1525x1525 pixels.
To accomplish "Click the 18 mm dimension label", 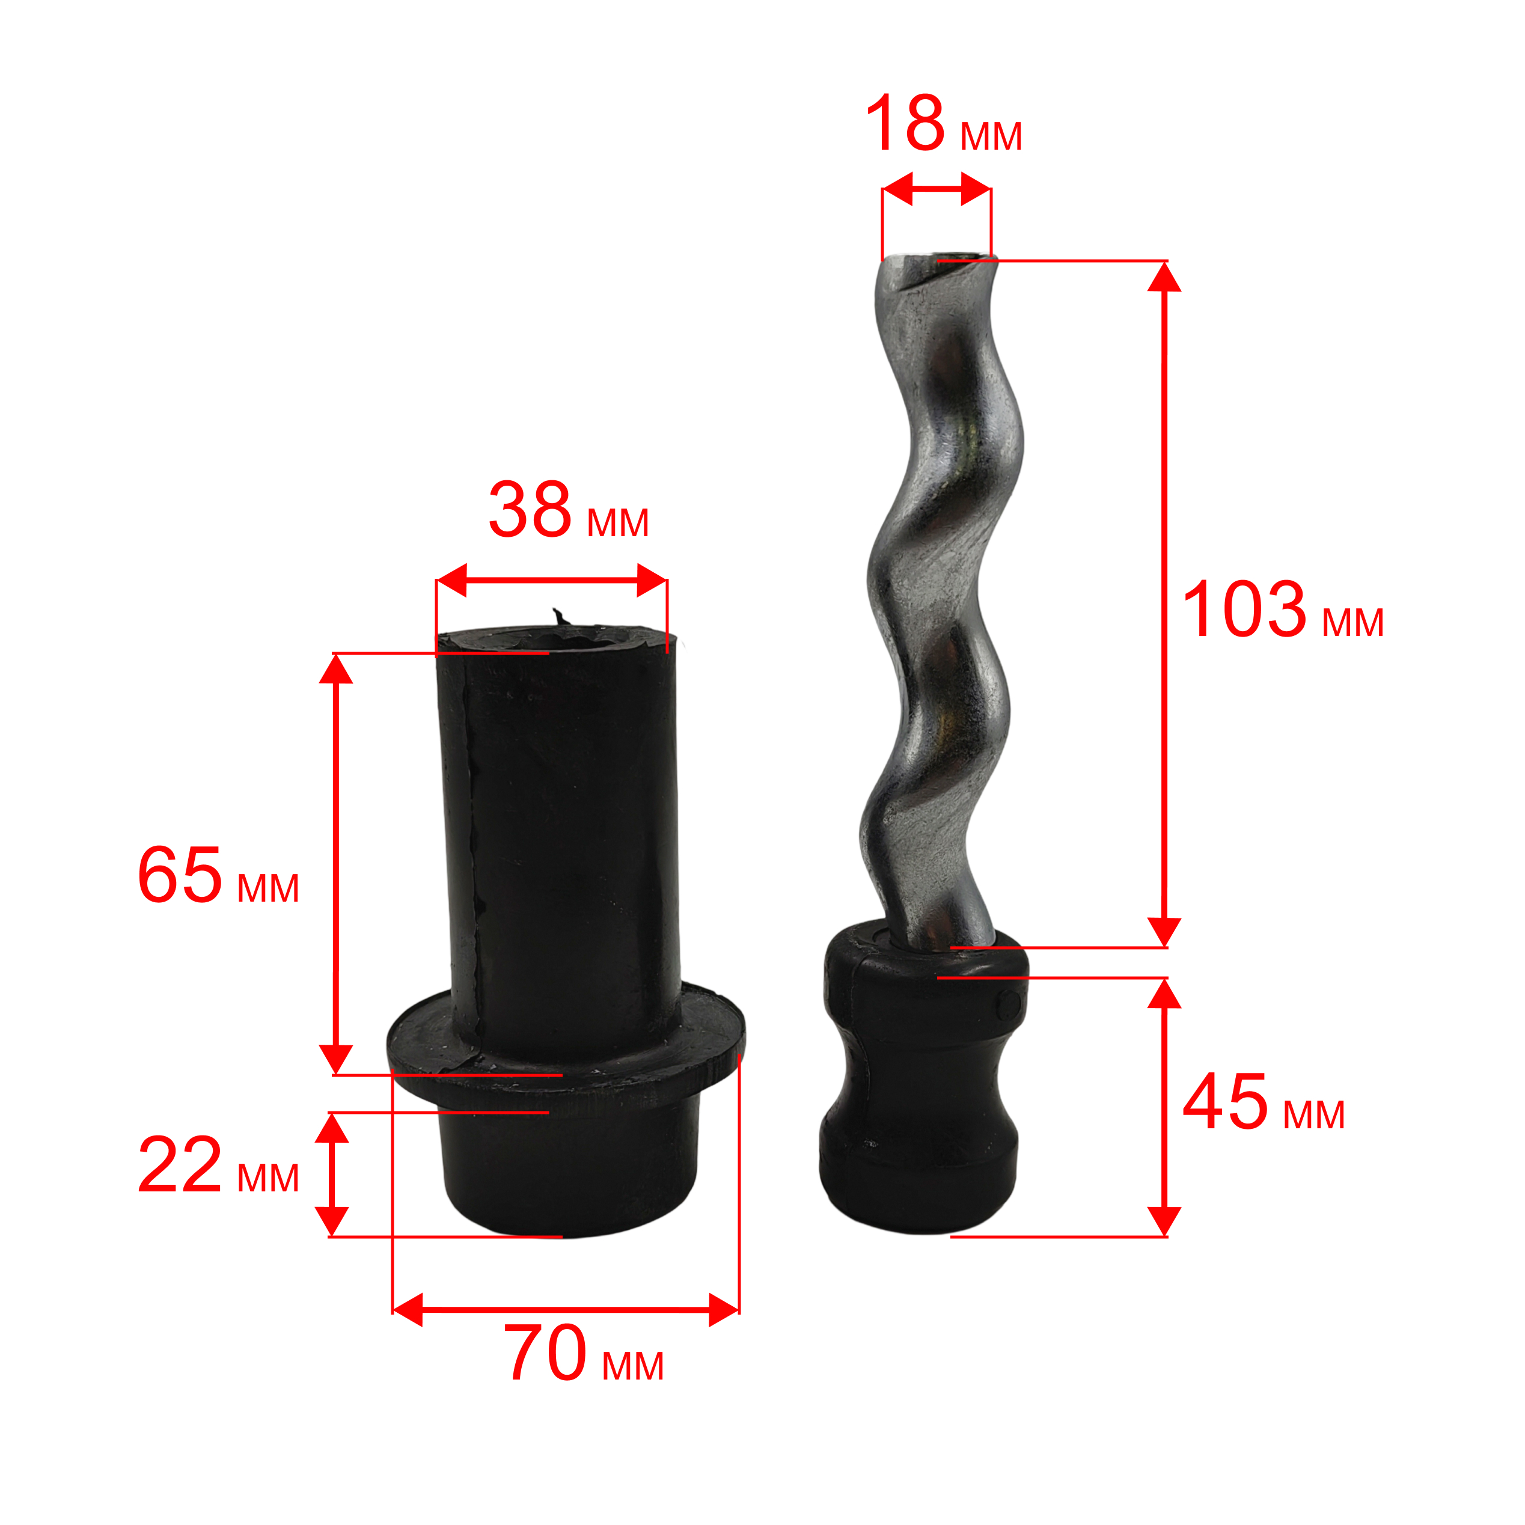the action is (943, 123).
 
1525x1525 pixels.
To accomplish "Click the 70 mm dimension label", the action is (584, 1354).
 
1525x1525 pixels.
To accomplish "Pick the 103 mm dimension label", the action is (1283, 610).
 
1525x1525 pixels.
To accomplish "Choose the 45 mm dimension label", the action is (1264, 1102).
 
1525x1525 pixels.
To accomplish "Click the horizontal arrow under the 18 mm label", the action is (936, 189).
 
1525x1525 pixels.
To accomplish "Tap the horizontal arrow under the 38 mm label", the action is (552, 581).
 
